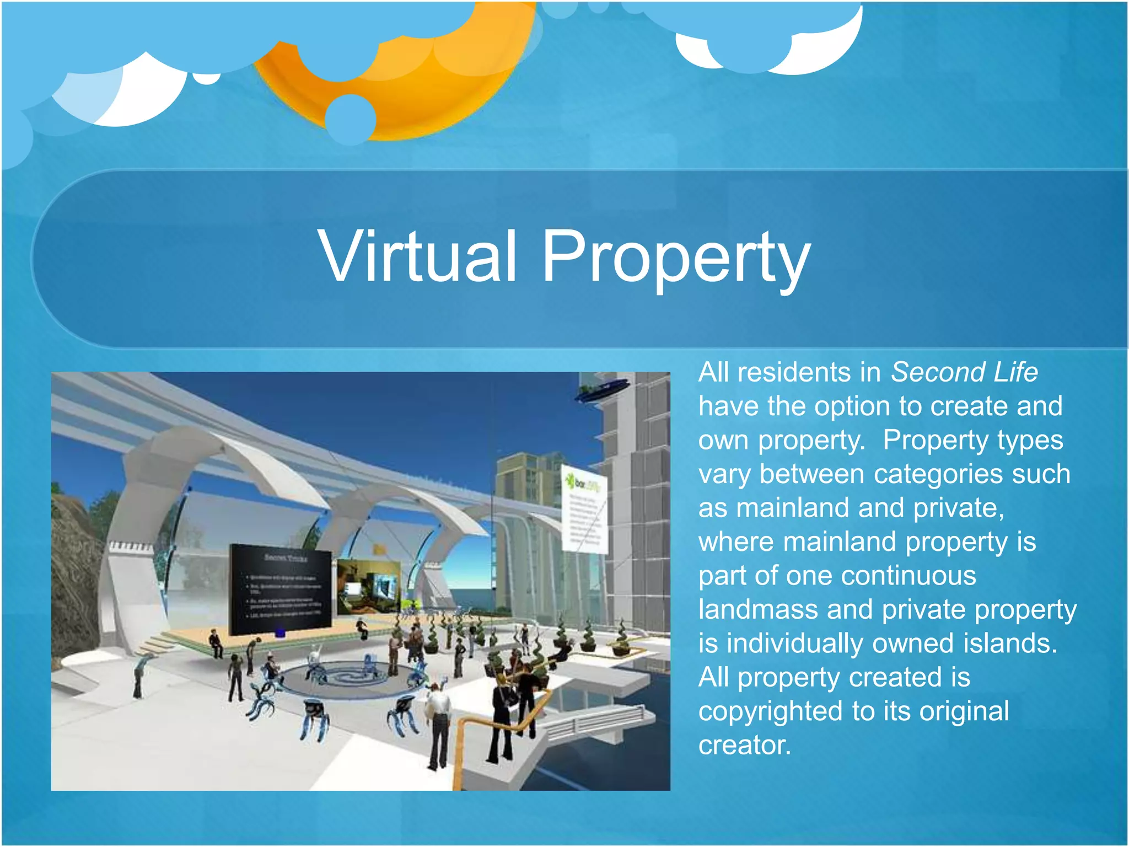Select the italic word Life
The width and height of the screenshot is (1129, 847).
[x=1015, y=372]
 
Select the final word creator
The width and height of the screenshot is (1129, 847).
[x=744, y=746]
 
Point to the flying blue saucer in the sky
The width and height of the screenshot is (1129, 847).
[x=602, y=388]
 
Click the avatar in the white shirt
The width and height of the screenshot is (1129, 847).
[x=439, y=717]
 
